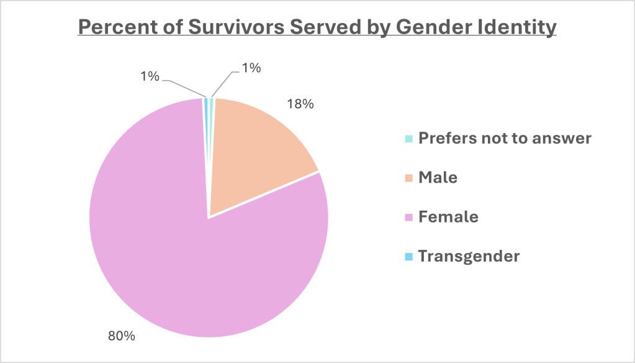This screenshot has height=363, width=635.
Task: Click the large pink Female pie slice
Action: coord(186,249)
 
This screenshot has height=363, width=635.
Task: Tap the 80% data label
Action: coord(122,336)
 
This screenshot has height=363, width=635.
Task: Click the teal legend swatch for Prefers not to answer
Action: coord(408,139)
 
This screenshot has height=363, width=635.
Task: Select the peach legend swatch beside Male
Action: coord(408,178)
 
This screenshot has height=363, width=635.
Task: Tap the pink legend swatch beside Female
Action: coord(408,218)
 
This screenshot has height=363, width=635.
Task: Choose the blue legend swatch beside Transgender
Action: coord(408,257)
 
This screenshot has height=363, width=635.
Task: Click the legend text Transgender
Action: coord(469,256)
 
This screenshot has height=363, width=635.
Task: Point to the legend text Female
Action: coord(448,217)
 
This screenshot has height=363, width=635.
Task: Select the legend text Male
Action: coord(438,178)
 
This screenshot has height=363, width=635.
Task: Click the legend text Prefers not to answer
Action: coord(505,138)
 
